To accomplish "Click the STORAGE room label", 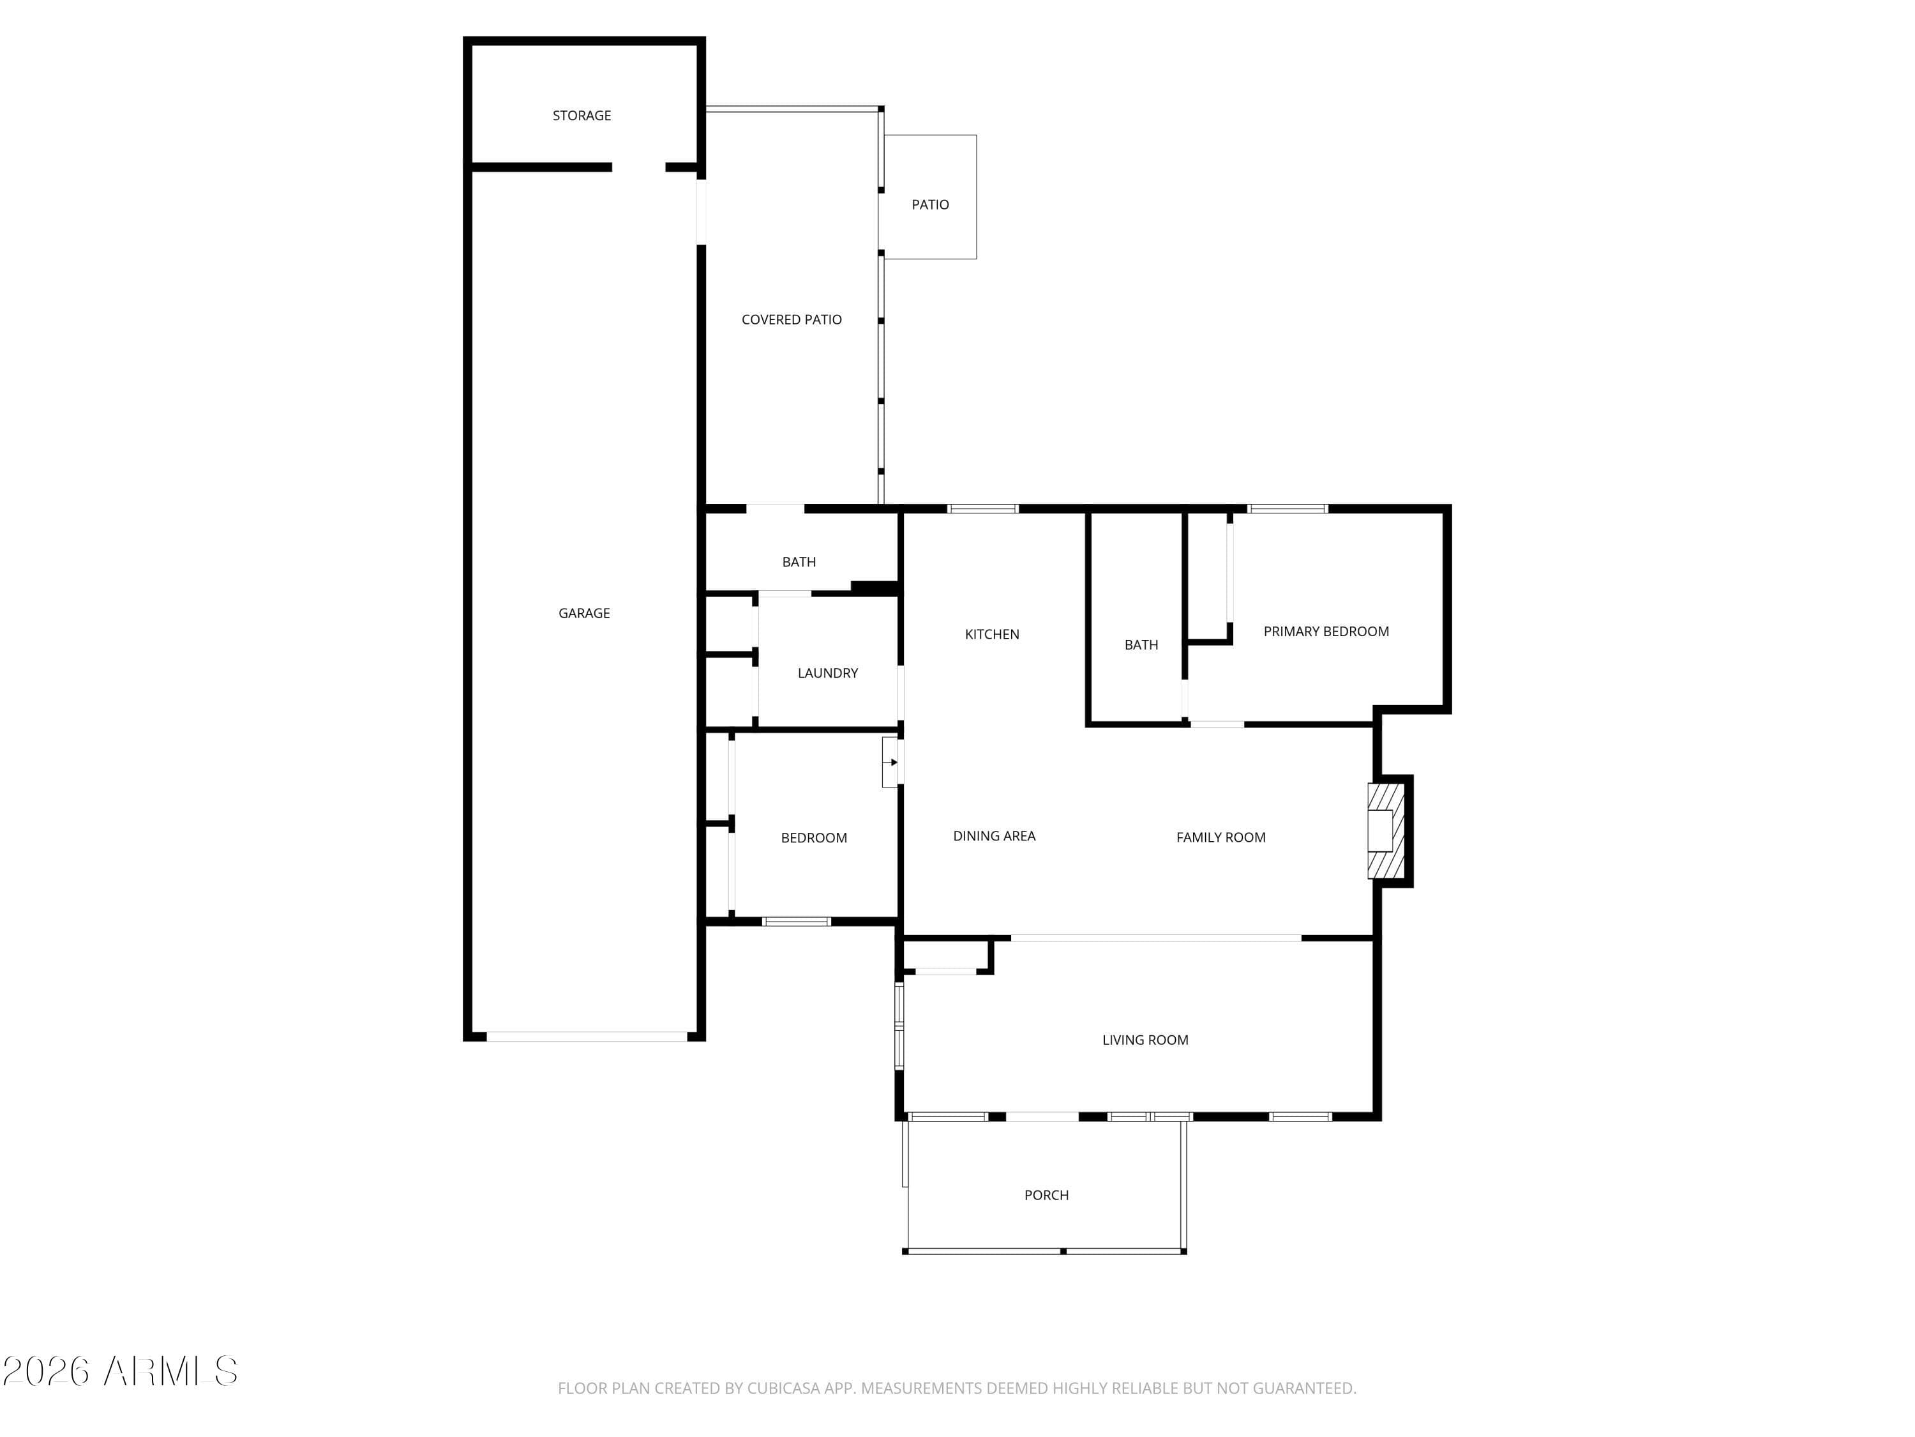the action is [582, 115].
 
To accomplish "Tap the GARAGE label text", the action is [584, 613].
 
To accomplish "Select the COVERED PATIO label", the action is [792, 319].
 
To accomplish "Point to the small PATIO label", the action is [931, 204].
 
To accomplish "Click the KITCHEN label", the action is [992, 634].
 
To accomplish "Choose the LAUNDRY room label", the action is [828, 673].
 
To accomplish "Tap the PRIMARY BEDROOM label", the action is [1326, 632].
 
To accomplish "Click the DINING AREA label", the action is [994, 836].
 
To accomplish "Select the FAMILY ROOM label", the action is [1220, 837].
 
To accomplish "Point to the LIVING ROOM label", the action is [1145, 1040].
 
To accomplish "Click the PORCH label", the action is [1047, 1196].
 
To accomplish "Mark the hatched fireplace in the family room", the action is [1385, 831].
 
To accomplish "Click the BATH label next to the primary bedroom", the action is [1141, 645].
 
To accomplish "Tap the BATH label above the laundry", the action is [799, 562].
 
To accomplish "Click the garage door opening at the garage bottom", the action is [587, 1036].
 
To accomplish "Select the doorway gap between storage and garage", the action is [639, 167].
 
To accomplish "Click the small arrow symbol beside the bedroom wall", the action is [894, 762].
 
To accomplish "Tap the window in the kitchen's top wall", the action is [982, 509].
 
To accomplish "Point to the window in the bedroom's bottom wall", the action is [797, 922].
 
